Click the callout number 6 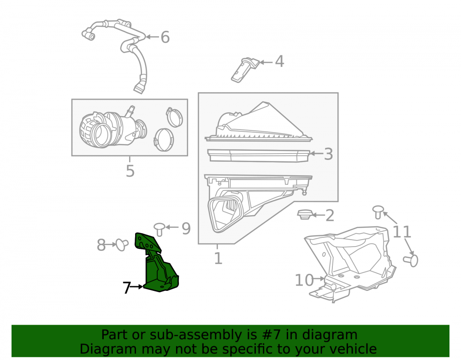(165, 37)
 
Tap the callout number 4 (279, 61)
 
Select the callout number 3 (328, 154)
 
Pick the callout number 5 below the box (130, 171)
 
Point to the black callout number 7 (127, 288)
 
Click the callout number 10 (304, 280)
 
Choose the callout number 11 (402, 232)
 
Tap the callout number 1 (218, 258)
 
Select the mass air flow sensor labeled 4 (245, 70)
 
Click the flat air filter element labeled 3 (259, 155)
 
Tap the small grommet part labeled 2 (305, 214)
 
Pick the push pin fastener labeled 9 (160, 229)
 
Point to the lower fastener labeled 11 (411, 260)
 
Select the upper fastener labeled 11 (378, 212)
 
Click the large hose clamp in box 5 (164, 140)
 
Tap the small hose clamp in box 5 (174, 117)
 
